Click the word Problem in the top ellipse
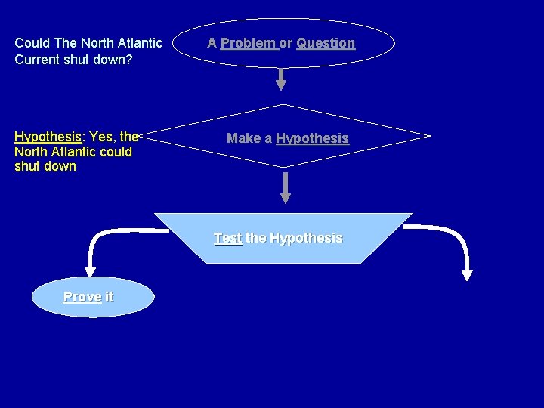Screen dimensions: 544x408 point(248,43)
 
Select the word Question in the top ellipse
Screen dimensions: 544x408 point(326,43)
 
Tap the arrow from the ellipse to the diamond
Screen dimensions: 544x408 point(281,79)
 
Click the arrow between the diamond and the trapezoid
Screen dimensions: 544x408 point(286,187)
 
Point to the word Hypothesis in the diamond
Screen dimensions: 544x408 point(312,138)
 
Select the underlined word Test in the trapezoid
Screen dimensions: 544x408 point(227,238)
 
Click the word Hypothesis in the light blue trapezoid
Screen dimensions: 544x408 point(305,238)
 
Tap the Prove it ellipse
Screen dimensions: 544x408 point(92,296)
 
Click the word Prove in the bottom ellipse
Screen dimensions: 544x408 point(82,297)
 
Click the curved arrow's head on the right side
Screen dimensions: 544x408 point(467,274)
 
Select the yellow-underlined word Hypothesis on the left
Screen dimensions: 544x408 point(48,137)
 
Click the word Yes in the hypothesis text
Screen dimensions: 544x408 point(102,137)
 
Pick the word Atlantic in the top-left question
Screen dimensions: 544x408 point(139,43)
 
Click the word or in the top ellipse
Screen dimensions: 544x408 point(286,43)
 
